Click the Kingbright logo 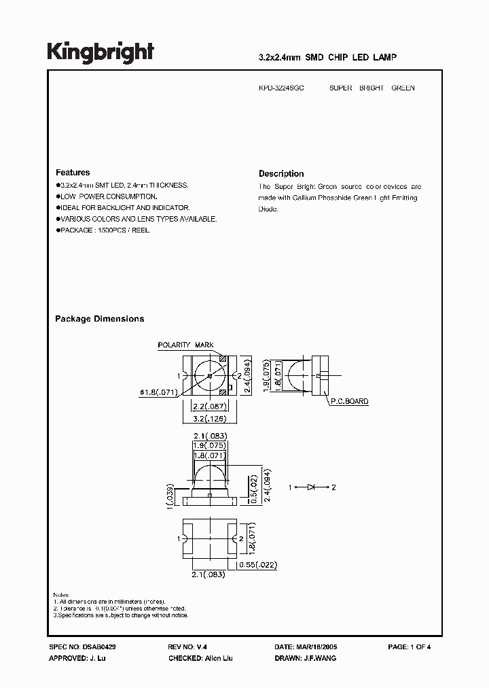pyautogui.click(x=101, y=52)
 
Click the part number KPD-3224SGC pyautogui.click(x=281, y=88)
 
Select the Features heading pyautogui.click(x=73, y=173)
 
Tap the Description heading pyautogui.click(x=281, y=173)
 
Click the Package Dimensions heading pyautogui.click(x=99, y=319)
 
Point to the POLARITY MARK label pyautogui.click(x=185, y=345)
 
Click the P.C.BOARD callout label pyautogui.click(x=349, y=402)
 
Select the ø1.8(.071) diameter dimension pyautogui.click(x=159, y=392)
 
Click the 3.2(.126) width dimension pyautogui.click(x=209, y=418)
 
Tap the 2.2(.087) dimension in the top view pyautogui.click(x=209, y=406)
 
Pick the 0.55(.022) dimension pyautogui.click(x=258, y=565)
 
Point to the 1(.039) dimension pyautogui.click(x=170, y=496)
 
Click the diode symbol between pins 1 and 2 pyautogui.click(x=312, y=487)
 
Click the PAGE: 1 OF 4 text pyautogui.click(x=409, y=647)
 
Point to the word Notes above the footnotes pyautogui.click(x=61, y=595)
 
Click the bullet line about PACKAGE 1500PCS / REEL pyautogui.click(x=105, y=230)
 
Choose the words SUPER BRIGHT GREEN pyautogui.click(x=372, y=88)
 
